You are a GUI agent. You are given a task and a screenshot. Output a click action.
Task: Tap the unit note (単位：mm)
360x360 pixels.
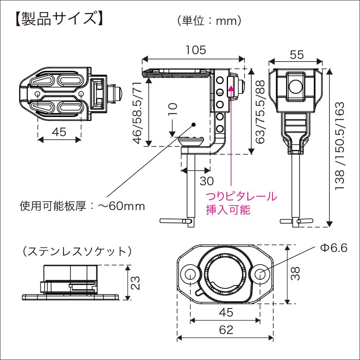click(209, 21)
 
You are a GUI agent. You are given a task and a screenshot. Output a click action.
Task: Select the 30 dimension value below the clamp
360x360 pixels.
click(206, 181)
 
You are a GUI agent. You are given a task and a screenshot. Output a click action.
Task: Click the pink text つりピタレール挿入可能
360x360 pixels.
click(241, 203)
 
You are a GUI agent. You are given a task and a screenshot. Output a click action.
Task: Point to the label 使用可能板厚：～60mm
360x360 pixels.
click(82, 206)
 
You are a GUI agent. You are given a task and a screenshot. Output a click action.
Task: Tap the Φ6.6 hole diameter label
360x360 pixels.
click(333, 248)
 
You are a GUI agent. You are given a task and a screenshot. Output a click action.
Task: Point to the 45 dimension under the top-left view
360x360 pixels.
click(59, 132)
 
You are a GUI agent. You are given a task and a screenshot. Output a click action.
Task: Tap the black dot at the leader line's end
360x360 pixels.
click(194, 125)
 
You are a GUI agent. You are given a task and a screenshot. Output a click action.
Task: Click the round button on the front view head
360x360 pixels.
click(296, 86)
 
